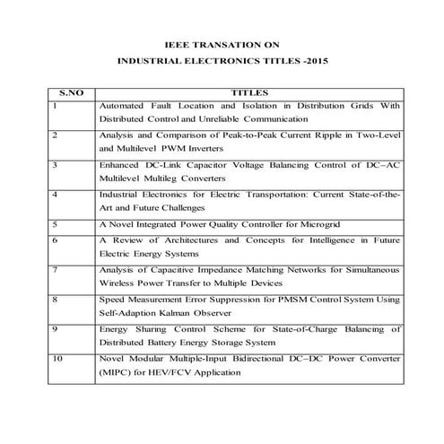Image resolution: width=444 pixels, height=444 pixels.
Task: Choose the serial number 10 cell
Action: pos(58,359)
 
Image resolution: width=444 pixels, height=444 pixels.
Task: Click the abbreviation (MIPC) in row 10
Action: pos(116,372)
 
